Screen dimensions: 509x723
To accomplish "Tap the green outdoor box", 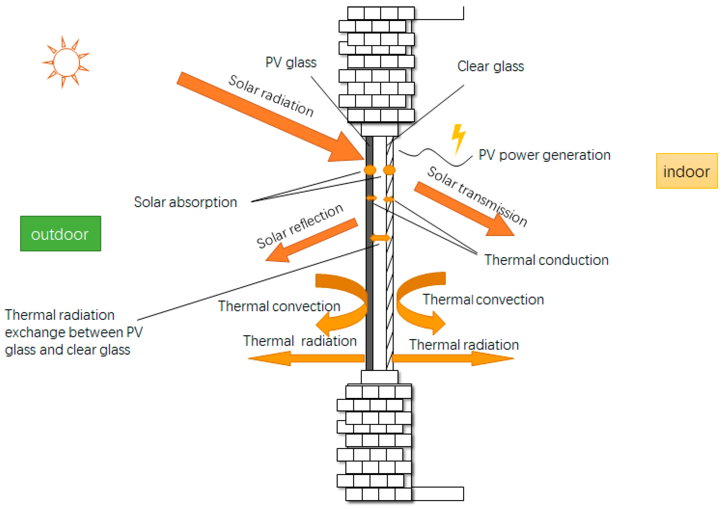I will point(60,234).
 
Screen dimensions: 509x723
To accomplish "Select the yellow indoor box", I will point(686,171).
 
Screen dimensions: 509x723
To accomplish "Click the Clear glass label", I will point(490,66).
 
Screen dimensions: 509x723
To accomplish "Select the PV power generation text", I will point(544,155).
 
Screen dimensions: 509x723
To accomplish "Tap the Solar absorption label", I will point(185,202).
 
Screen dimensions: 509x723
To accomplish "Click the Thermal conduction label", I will point(546,260).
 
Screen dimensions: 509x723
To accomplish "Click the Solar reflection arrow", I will point(312,240).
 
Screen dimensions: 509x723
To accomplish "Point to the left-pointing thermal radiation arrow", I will point(306,358).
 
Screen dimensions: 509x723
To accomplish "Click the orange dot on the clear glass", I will point(389,170).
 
